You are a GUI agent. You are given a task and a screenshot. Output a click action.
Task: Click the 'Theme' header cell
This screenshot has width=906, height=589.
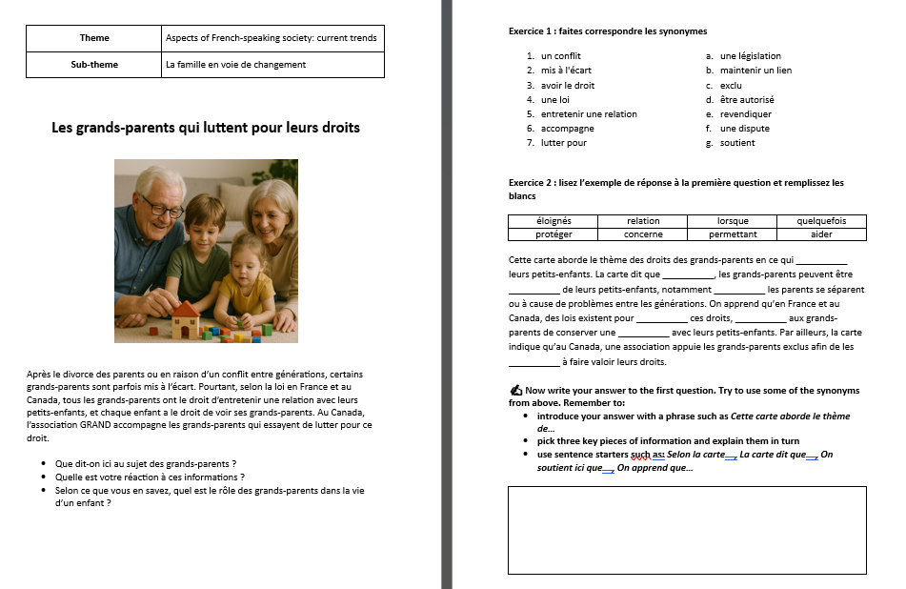click(94, 38)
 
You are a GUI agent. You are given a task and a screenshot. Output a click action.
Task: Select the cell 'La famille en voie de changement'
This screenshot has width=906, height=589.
click(235, 65)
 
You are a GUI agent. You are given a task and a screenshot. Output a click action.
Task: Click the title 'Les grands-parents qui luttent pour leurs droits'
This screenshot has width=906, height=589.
click(206, 127)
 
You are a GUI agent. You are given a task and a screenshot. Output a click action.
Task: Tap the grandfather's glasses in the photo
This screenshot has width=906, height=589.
click(162, 207)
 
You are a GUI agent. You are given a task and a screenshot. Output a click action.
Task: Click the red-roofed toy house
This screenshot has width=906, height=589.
click(185, 319)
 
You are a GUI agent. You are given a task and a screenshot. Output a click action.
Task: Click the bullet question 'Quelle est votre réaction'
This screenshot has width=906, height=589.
click(151, 477)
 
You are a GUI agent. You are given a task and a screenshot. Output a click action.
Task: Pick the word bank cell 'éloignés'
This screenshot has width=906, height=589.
click(554, 221)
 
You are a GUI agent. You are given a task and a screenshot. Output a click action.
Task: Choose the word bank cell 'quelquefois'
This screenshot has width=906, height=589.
click(821, 221)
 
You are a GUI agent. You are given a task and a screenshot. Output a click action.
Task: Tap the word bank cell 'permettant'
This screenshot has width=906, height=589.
click(733, 234)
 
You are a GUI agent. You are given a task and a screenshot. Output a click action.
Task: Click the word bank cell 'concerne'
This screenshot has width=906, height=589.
click(643, 234)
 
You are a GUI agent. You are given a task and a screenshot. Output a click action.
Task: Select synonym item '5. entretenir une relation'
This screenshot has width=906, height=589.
click(588, 113)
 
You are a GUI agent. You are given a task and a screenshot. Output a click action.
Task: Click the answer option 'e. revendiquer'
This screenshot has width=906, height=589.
click(745, 113)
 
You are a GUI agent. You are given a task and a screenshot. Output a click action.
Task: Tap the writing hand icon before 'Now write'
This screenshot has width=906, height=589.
click(516, 390)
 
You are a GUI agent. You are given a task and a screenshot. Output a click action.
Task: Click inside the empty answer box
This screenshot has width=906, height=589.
click(686, 530)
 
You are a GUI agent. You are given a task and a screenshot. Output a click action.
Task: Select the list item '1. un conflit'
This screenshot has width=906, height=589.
click(560, 56)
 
